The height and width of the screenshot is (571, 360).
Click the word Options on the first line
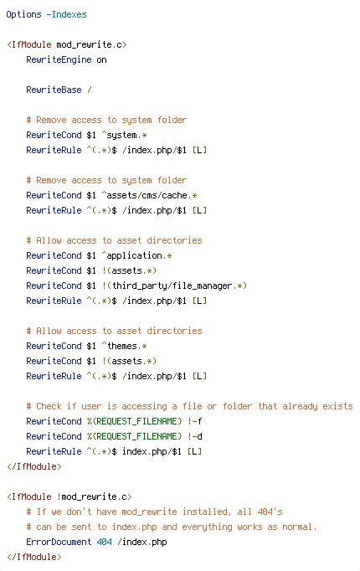23,14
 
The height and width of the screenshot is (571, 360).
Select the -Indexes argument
66,14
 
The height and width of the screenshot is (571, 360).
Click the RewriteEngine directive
59,59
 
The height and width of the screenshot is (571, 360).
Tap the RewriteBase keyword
54,90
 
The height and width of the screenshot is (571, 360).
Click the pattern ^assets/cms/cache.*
149,195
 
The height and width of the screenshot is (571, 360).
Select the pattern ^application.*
136,255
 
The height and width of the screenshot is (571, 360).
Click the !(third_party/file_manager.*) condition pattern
174,285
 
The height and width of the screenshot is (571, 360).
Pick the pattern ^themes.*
124,346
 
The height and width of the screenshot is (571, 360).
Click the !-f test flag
195,421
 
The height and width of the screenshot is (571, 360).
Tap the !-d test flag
195,436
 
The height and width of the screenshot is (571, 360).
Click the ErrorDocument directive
59,542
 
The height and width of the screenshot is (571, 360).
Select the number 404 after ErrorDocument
104,542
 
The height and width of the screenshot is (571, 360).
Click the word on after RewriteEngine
101,59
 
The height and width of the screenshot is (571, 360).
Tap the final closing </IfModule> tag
33,557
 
